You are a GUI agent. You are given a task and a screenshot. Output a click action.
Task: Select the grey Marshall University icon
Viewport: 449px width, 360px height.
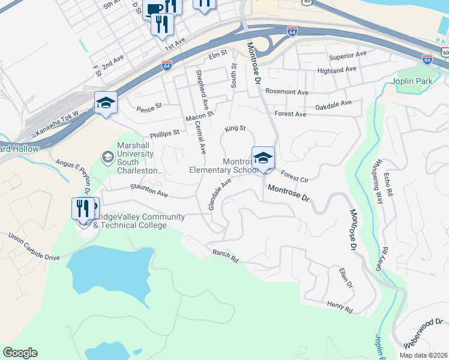click(x=107, y=157)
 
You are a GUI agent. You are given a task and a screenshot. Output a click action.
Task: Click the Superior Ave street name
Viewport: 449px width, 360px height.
click(x=347, y=55)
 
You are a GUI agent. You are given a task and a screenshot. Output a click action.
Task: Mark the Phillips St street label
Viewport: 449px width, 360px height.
click(x=165, y=133)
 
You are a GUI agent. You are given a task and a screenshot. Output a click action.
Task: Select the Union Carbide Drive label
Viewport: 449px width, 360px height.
click(x=34, y=247)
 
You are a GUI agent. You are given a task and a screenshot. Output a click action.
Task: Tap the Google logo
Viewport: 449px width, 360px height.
click(x=20, y=353)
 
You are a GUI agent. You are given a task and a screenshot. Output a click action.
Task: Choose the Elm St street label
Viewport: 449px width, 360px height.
click(x=217, y=53)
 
